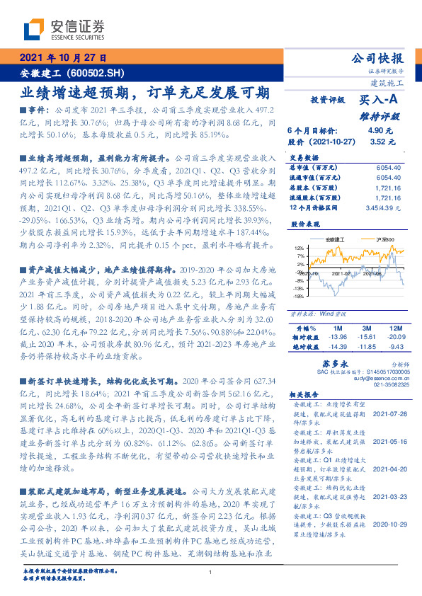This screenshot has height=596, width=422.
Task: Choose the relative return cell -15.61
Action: (x=367, y=338)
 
